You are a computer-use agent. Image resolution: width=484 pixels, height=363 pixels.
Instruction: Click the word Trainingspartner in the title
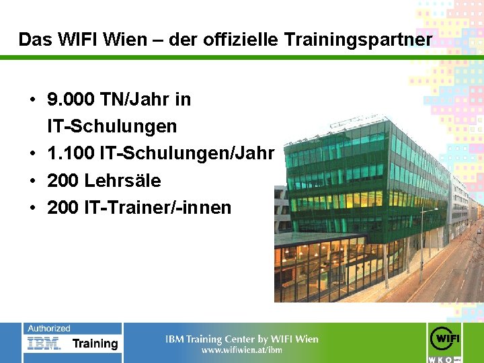point(358,40)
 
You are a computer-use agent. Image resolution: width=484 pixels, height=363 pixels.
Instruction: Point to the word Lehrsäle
point(122,181)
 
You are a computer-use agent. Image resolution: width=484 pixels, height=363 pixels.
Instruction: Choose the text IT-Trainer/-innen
point(157,208)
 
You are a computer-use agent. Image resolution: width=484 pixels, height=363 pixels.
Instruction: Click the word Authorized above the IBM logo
point(48,329)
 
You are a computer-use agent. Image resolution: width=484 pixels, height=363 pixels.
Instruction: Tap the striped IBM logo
point(44,344)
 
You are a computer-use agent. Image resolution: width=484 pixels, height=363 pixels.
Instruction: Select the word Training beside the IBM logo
point(95,344)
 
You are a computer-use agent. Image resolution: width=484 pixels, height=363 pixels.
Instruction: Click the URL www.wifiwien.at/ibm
point(242,350)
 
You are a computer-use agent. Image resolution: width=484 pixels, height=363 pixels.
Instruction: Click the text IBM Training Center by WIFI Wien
point(242,339)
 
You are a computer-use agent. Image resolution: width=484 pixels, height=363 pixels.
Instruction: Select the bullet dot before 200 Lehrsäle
point(32,182)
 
